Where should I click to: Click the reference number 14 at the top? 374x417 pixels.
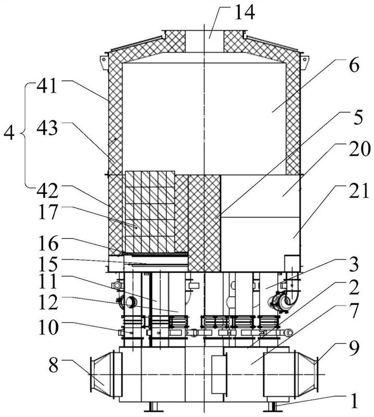pyautogui.click(x=244, y=13)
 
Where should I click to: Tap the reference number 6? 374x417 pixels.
pyautogui.click(x=354, y=66)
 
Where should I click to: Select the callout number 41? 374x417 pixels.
pyautogui.click(x=47, y=86)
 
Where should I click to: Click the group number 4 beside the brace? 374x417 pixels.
pyautogui.click(x=9, y=133)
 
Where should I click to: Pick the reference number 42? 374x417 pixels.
pyautogui.click(x=47, y=191)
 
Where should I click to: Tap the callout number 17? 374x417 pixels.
pyautogui.click(x=47, y=212)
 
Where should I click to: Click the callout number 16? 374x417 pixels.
pyautogui.click(x=48, y=243)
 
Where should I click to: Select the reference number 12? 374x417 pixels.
pyautogui.click(x=48, y=302)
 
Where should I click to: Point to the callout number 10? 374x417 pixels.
pyautogui.click(x=48, y=327)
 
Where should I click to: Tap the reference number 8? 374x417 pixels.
pyautogui.click(x=54, y=365)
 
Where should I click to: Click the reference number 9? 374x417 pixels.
pyautogui.click(x=354, y=348)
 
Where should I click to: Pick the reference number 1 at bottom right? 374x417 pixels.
pyautogui.click(x=354, y=401)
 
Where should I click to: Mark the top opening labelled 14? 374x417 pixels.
pyautogui.click(x=204, y=41)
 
